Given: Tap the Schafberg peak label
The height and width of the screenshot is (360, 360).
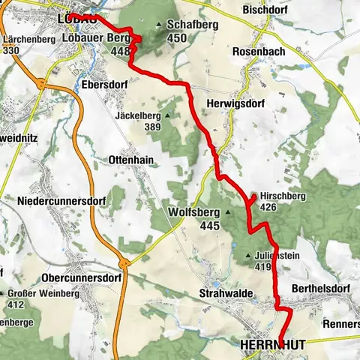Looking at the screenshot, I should click(187, 24).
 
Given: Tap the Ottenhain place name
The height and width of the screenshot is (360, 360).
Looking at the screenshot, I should click(131, 160).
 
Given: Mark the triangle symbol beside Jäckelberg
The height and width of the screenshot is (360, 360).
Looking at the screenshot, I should click(167, 116).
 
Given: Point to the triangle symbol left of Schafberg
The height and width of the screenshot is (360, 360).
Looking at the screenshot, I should click(159, 25).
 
